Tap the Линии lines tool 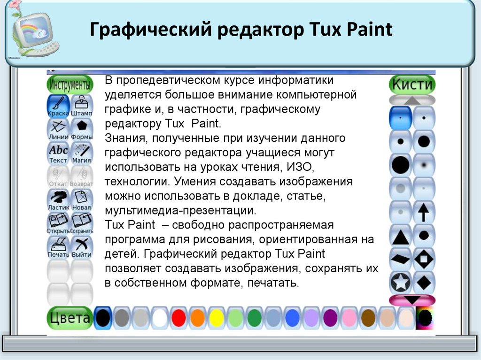58,130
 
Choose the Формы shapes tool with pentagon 82,130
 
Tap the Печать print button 58,247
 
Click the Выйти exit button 82,247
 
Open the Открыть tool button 58,224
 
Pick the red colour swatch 178,318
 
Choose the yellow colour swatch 217,318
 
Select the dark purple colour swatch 330,318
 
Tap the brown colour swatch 368,318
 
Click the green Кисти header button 412,84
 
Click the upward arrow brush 424,212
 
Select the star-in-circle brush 401,283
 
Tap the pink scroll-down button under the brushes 412,300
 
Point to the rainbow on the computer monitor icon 29,30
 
